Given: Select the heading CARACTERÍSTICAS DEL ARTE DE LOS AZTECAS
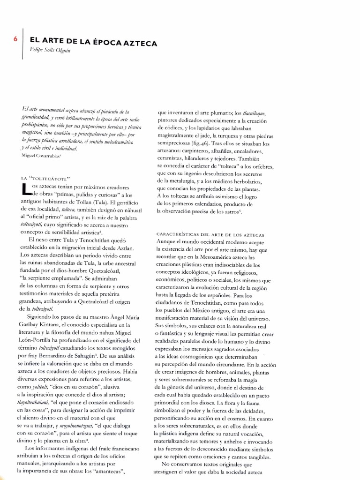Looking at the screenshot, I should point(209,234).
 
